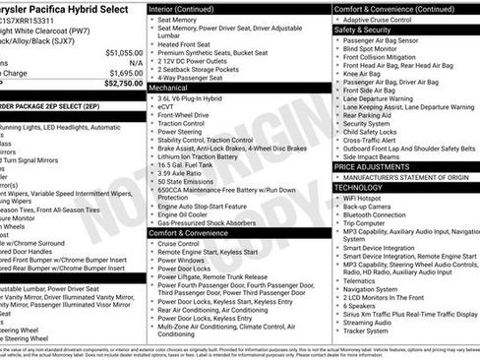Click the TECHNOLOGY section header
pos(358,187)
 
